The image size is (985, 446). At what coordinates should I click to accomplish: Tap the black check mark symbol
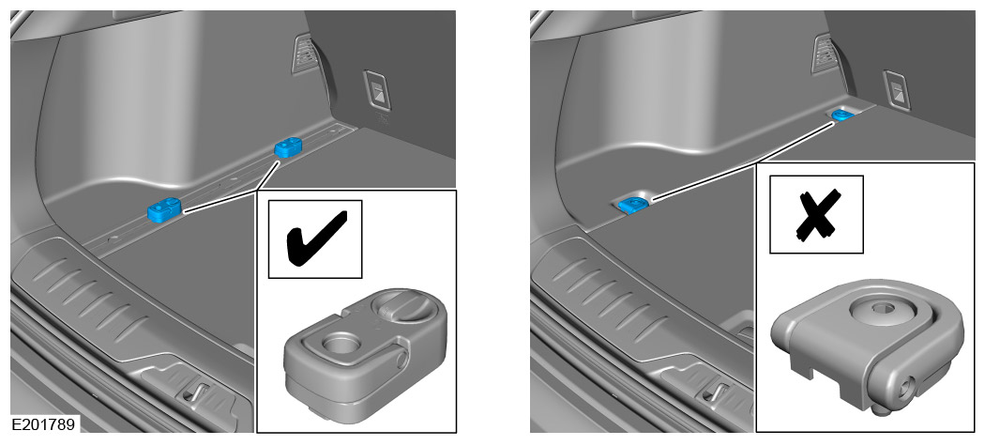(x=316, y=238)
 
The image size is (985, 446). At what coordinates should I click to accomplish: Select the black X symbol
(x=816, y=214)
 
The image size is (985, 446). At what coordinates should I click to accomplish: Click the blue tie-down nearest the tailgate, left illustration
(x=164, y=209)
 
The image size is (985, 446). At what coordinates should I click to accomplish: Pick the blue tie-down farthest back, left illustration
(x=288, y=147)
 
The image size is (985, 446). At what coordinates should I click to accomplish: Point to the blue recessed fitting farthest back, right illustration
(x=840, y=114)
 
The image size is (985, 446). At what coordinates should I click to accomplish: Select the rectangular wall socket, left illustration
(x=376, y=91)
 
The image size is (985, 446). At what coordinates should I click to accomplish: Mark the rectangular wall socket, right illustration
(x=897, y=91)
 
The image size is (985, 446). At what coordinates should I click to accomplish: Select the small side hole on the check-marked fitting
(x=402, y=361)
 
